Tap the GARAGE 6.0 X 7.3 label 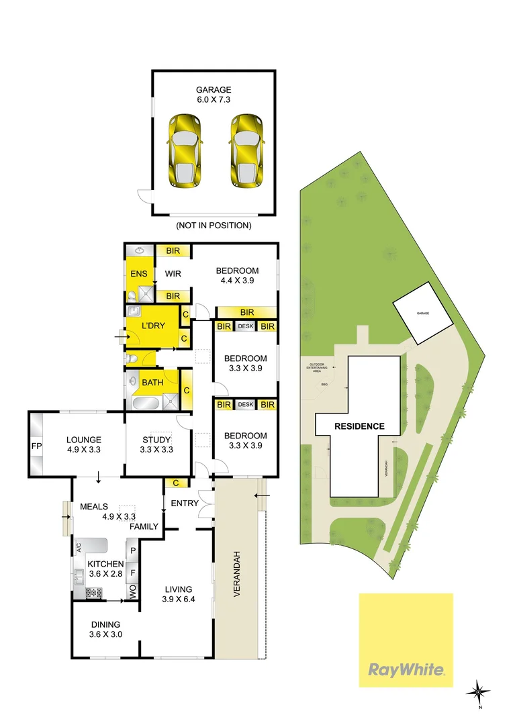coord(214,95)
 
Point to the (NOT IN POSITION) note coord(214,226)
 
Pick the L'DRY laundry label coord(153,326)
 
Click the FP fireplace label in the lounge coord(36,445)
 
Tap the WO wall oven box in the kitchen coord(133,591)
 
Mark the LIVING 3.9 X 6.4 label coord(178,594)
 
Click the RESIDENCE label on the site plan coord(360,426)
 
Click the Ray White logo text coord(406,669)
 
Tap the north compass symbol coord(478,689)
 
